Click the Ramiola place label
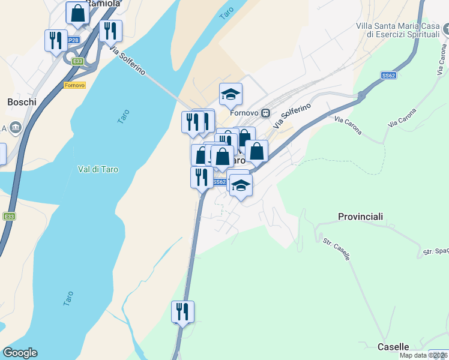click(104, 4)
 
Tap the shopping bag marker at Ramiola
click(77, 13)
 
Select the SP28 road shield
click(73, 40)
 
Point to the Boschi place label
click(22, 102)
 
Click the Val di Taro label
click(98, 169)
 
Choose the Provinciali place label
click(360, 216)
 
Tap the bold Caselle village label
click(393, 347)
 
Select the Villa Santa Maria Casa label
click(397, 26)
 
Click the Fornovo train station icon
click(265, 113)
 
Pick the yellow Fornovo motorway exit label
click(74, 85)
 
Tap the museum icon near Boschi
click(15, 127)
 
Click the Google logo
click(20, 353)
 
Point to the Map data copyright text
click(424, 355)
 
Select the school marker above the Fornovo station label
click(231, 94)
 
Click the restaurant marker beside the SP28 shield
click(56, 41)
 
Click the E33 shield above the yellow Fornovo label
click(77, 61)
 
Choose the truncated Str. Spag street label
click(436, 252)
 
